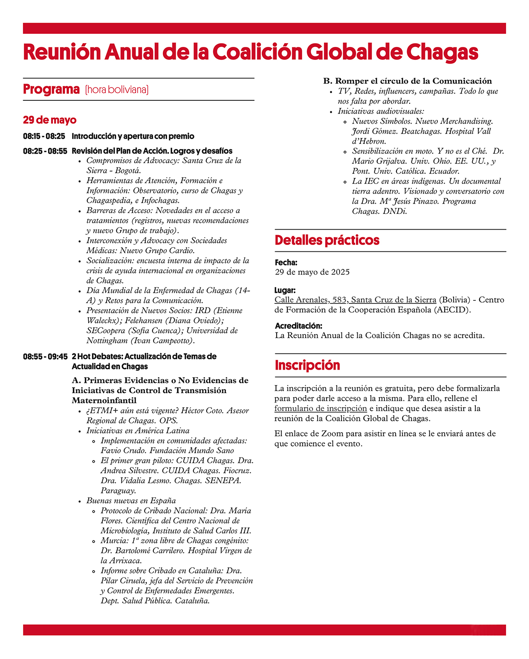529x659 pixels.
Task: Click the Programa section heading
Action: point(51,90)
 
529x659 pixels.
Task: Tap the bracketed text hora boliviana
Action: point(117,90)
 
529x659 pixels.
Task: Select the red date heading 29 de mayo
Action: point(49,120)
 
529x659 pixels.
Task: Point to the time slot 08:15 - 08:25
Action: point(44,137)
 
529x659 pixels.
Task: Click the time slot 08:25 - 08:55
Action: point(45,151)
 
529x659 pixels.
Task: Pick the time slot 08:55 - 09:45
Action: point(45,356)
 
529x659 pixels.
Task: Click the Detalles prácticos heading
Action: point(327,240)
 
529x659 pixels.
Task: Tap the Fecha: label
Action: point(286,262)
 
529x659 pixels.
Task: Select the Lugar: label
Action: point(285,290)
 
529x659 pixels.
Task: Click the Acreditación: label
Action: point(298,326)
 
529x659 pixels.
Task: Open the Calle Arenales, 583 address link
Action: point(355,300)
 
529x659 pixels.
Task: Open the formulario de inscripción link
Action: point(321,408)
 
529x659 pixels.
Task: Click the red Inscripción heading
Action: point(307,365)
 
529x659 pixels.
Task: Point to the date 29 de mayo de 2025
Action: point(312,272)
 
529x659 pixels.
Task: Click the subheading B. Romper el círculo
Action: point(408,81)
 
